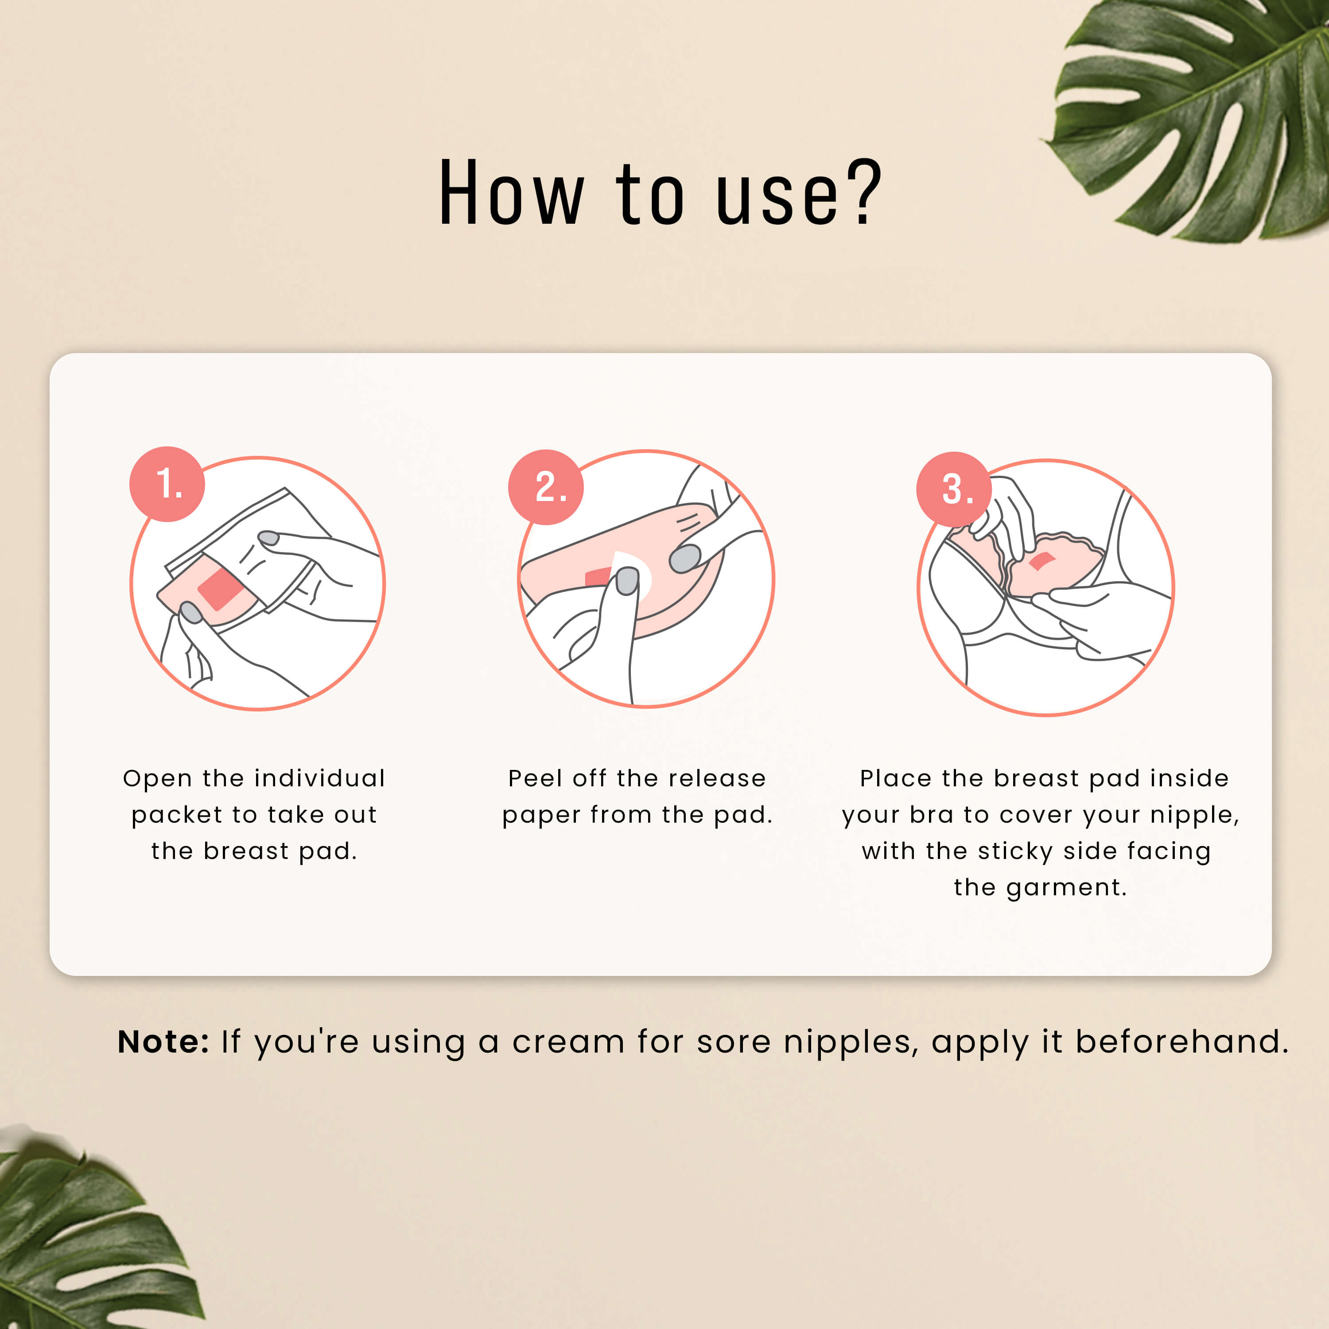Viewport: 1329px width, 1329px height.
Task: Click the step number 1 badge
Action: (167, 484)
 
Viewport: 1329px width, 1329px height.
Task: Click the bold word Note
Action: (162, 1041)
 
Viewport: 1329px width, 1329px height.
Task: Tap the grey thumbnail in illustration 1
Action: (190, 611)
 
